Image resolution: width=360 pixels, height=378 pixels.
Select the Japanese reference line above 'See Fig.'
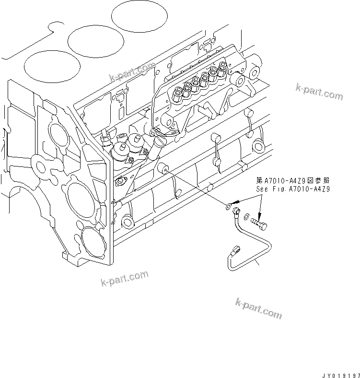click(x=293, y=181)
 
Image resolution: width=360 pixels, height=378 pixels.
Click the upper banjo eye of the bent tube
click(x=236, y=210)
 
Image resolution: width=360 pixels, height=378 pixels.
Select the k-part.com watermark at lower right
click(x=258, y=308)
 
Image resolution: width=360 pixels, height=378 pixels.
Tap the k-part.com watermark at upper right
click(x=319, y=91)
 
